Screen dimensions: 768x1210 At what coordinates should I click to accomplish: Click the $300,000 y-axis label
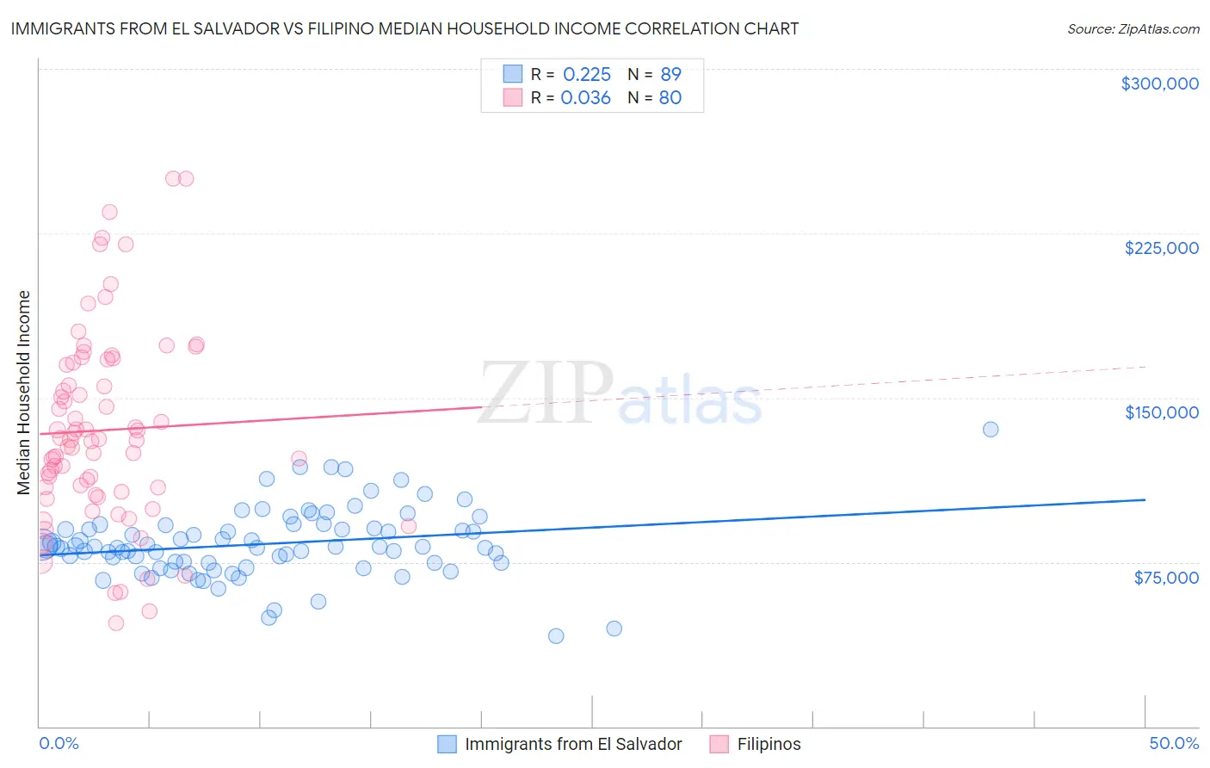coord(1159,84)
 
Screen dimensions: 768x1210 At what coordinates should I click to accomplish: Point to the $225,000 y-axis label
coord(1161,248)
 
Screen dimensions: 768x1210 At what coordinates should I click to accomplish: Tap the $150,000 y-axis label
coord(1161,412)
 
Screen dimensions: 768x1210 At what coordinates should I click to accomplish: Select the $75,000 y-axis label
coord(1165,578)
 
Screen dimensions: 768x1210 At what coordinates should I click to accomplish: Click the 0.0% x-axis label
coord(59,743)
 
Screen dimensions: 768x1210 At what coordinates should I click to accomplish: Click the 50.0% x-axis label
coord(1174,743)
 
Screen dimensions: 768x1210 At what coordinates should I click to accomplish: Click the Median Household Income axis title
coord(23,393)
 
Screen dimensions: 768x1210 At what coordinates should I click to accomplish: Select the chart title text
coord(404,28)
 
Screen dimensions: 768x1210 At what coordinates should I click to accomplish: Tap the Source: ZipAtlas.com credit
coord(1133,29)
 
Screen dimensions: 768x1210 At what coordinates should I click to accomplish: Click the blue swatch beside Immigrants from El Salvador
coord(447,744)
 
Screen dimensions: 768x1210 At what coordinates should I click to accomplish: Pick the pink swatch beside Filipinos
coord(719,744)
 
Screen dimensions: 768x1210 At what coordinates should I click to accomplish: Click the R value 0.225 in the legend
coord(586,75)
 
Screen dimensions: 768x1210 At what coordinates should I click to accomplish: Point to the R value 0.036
coord(585,98)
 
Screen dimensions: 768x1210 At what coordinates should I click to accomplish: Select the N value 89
coord(670,75)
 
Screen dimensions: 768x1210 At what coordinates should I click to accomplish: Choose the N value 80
coord(670,98)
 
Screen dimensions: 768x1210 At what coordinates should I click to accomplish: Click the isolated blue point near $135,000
coord(991,429)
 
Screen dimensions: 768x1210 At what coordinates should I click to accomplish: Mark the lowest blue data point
coord(556,635)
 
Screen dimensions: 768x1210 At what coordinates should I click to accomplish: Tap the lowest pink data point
coord(116,622)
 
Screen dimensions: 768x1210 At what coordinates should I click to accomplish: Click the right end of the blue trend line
coord(1145,499)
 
